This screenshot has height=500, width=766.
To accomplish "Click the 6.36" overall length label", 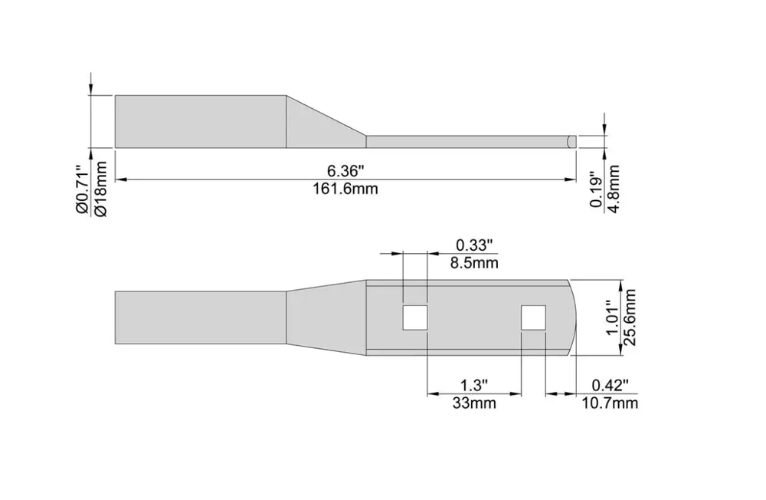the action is [x=346, y=171].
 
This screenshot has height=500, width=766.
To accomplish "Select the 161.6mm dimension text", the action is [x=346, y=189].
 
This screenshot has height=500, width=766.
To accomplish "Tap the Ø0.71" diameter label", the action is [x=83, y=191].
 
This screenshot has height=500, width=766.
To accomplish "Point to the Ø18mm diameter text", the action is [x=100, y=189].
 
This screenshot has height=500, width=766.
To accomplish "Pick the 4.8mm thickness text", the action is [x=613, y=189].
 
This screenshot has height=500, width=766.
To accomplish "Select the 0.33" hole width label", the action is [x=474, y=244].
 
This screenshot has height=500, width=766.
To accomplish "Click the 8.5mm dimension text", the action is [x=474, y=263].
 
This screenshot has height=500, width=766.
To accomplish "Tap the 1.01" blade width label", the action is [x=613, y=318].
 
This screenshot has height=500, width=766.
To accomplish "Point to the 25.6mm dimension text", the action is [x=630, y=317].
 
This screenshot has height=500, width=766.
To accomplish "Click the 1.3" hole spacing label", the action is [x=474, y=385].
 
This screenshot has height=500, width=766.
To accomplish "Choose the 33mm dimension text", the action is [x=474, y=403].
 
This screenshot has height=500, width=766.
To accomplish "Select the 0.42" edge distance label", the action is [x=611, y=385].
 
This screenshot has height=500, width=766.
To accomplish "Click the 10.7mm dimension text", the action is [x=611, y=403].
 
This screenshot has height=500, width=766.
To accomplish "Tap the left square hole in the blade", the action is [x=415, y=317].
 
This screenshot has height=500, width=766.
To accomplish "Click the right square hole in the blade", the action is [x=533, y=317].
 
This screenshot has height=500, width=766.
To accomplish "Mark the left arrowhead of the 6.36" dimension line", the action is [x=121, y=179].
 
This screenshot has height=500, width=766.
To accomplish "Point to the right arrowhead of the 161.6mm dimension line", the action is [x=571, y=179].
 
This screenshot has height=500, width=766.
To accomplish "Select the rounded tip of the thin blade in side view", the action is [x=571, y=141].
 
